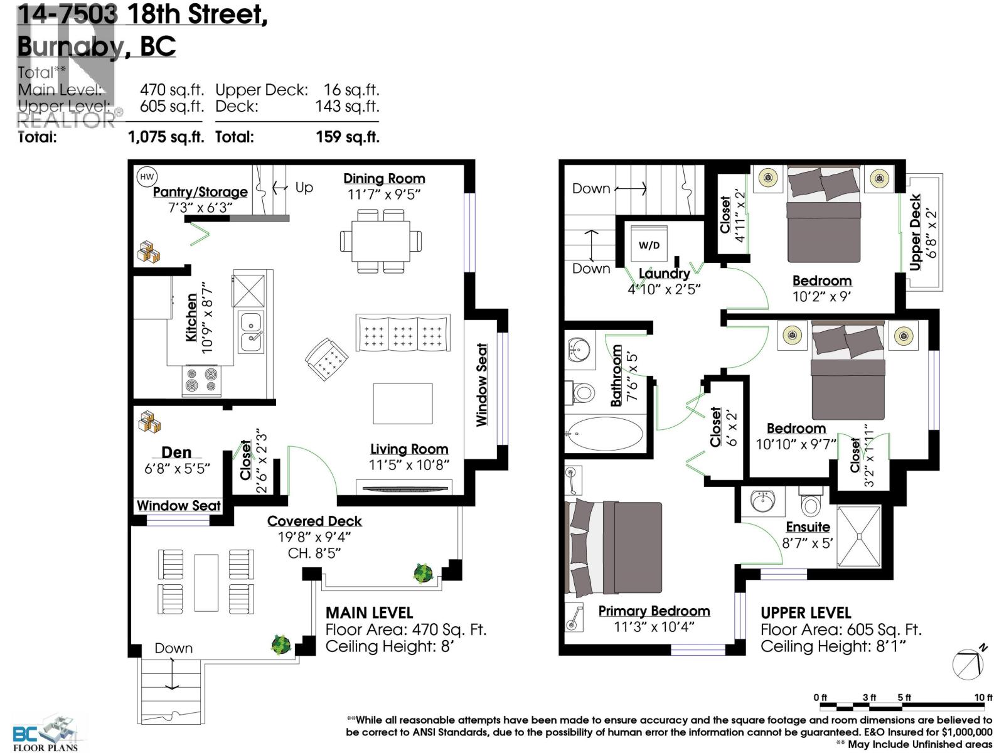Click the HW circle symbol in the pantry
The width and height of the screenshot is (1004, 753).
pos(146,177)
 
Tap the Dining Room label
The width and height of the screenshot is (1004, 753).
pos(384,179)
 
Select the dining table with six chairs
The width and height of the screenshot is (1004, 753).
pos(380,241)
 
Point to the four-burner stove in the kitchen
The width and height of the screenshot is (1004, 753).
pos(202,380)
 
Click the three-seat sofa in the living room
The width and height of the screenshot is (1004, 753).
pos(403,333)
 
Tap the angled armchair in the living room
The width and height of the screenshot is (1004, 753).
pos(326,360)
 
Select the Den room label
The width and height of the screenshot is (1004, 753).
pos(176,452)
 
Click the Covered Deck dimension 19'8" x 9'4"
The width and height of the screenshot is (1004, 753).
pos(314,537)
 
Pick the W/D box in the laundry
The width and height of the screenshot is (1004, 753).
pos(649,245)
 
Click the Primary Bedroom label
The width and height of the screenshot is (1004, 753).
pos(654,611)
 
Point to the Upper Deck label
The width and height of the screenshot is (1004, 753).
pos(915,232)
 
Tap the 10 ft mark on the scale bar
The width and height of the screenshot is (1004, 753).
pos(983,698)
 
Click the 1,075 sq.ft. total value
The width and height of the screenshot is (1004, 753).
pos(166,137)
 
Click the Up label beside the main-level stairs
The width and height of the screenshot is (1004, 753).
pos(304,187)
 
